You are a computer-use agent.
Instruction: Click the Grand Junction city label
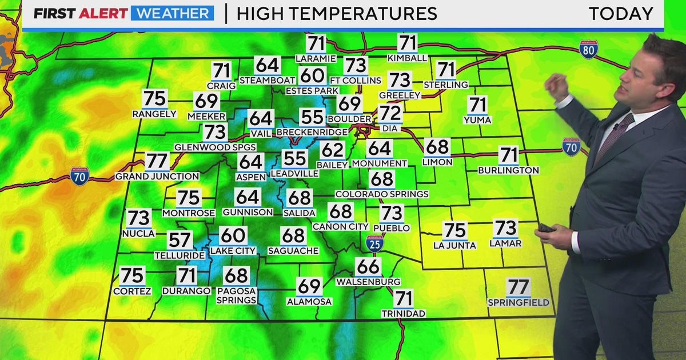[157, 177]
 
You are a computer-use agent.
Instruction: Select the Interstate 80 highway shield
[588, 50]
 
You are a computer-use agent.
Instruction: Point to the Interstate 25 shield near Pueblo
[375, 243]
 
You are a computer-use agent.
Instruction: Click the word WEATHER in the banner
[172, 13]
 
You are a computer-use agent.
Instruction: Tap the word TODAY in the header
[621, 13]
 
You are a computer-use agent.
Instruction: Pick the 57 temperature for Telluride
[180, 240]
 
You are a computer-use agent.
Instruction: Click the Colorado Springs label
[382, 194]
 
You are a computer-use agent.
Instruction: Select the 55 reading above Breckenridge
[312, 117]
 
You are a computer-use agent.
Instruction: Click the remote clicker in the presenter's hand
[545, 227]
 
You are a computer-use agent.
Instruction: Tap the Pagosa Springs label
[236, 295]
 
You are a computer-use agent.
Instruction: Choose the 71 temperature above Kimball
[407, 43]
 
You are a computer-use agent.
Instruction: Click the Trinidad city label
[404, 314]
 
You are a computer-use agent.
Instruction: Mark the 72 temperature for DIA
[390, 113]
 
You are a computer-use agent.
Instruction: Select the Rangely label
[154, 114]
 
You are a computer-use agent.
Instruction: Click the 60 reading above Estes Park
[312, 75]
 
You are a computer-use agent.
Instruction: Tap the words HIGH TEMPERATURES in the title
[336, 13]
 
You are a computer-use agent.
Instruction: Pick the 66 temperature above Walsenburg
[368, 267]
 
